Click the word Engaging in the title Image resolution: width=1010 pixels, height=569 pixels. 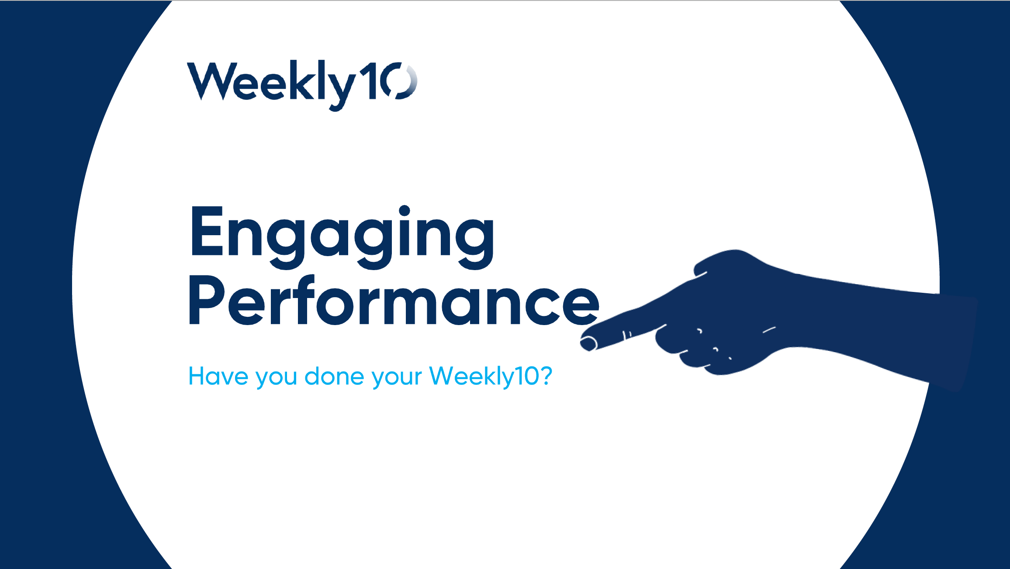click(342, 237)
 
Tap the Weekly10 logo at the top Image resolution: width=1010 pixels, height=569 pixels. click(302, 86)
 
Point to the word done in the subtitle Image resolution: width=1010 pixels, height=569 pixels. click(334, 376)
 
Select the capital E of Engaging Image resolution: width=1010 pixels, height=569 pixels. click(207, 231)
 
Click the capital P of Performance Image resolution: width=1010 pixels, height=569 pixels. click(206, 300)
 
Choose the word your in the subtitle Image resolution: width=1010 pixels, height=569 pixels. click(397, 378)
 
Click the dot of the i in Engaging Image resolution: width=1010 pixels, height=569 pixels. click(404, 211)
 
